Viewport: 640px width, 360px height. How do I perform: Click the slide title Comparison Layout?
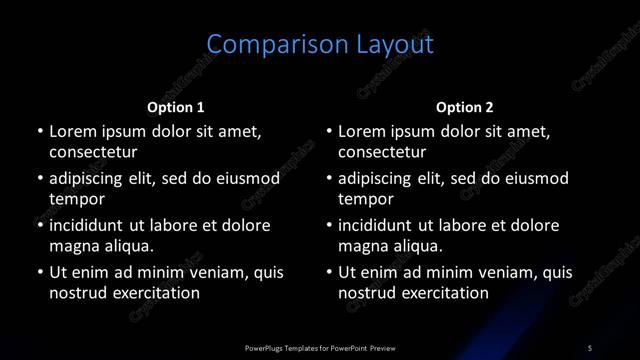click(320, 45)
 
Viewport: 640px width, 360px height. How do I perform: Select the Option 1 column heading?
click(176, 107)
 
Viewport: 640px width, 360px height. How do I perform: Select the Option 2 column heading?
click(465, 107)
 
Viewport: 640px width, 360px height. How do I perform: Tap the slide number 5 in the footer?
click(590, 347)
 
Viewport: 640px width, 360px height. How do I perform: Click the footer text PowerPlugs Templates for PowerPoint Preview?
click(320, 347)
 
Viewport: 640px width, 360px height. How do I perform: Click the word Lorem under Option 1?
click(73, 131)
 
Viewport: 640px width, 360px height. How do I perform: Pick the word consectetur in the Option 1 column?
click(93, 153)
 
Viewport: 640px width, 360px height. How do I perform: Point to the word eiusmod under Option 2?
click(534, 179)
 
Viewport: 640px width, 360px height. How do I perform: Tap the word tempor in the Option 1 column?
click(74, 200)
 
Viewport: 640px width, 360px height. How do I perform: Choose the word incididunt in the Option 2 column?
click(382, 225)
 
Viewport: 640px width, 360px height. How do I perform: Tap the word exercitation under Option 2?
click(441, 294)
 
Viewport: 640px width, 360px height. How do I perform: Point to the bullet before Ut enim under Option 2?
click(329, 272)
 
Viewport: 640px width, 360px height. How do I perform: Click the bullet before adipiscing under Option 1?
click(39, 179)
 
